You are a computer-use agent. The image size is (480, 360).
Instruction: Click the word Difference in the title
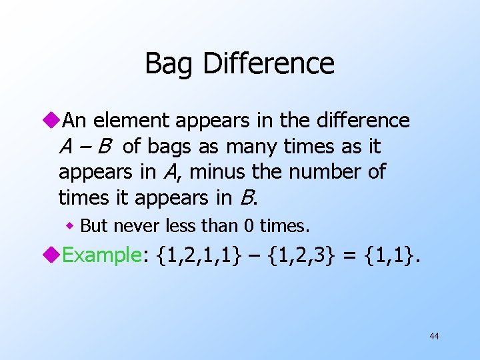268,64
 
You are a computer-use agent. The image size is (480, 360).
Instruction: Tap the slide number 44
434,336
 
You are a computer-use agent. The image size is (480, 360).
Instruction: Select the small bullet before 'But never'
70,226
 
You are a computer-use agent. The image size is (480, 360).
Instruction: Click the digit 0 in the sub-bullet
248,226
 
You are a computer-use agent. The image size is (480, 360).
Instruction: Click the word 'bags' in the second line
180,146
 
